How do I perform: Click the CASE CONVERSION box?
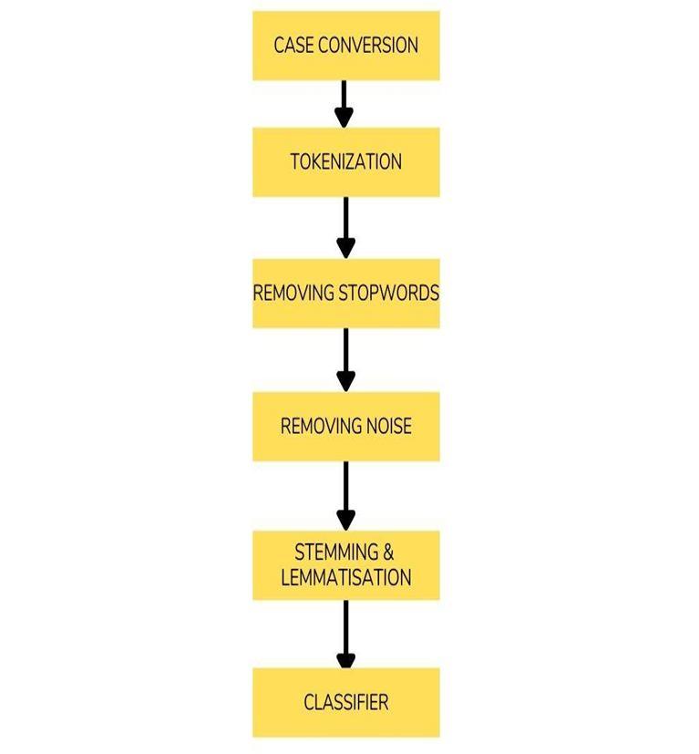[345, 46]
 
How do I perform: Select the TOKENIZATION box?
[345, 162]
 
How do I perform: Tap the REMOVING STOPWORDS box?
[345, 294]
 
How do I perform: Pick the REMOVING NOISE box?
[345, 426]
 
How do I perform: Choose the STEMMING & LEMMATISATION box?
[345, 564]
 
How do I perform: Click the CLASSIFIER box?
[345, 702]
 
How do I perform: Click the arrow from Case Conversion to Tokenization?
[344, 104]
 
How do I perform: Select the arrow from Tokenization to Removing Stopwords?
[344, 227]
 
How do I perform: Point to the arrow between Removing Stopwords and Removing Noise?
[344, 360]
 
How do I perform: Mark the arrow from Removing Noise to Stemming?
[344, 495]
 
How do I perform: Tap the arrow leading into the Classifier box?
[344, 635]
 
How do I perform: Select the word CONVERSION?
[367, 46]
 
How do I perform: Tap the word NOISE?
[388, 426]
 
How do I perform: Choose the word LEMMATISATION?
[345, 577]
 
